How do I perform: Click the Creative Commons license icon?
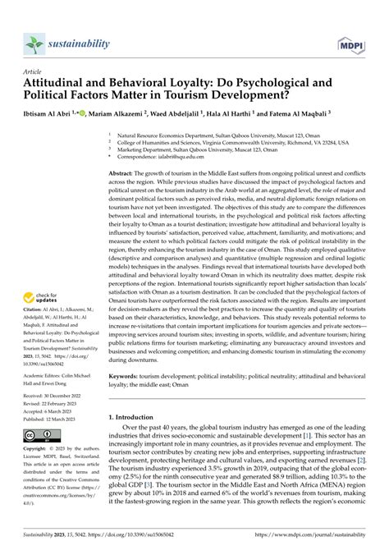tap(40, 433)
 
